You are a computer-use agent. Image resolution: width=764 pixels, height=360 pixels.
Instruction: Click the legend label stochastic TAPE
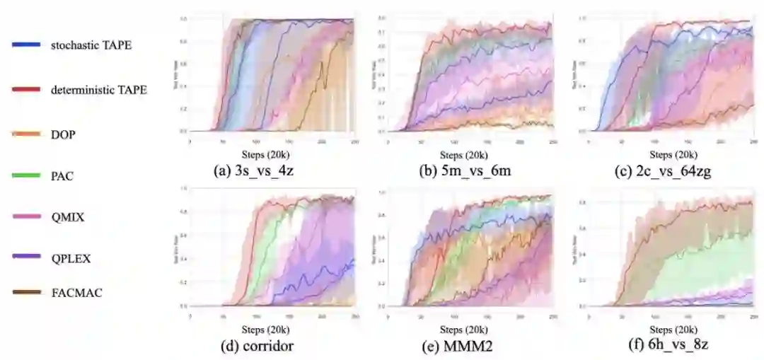point(91,45)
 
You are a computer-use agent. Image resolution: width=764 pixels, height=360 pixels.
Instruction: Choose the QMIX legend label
point(67,217)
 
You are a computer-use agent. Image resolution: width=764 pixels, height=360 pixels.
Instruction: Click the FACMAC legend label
point(76,291)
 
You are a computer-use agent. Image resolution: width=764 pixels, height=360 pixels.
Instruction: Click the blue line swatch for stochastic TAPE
point(25,45)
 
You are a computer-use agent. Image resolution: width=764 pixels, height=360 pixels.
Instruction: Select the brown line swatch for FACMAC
point(25,292)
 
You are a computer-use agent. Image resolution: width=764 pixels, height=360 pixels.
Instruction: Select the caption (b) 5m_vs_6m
point(464,170)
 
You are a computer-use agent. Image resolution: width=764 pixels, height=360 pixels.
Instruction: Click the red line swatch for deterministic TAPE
point(25,89)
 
